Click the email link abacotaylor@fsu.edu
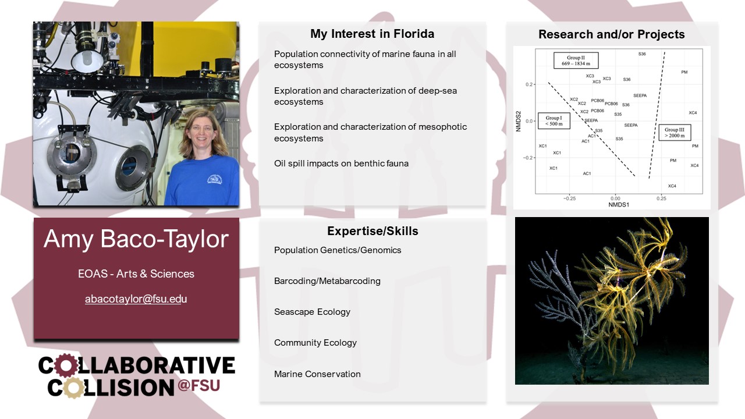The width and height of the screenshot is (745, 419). pos(136,299)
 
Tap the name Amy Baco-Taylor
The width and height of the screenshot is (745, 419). pos(136,239)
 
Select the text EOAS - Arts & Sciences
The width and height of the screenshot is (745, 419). pos(136,274)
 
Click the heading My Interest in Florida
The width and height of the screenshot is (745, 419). pos(372,34)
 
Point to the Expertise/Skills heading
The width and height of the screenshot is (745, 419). pos(372,231)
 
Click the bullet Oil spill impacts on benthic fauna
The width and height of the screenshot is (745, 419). pos(341,164)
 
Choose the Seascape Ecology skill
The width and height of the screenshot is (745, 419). pos(312,312)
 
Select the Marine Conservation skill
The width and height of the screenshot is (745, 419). pos(317,374)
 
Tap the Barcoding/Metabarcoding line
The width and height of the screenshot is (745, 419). pos(327,281)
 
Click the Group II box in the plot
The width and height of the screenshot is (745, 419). pos(576,60)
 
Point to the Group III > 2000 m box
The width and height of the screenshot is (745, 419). pos(675,132)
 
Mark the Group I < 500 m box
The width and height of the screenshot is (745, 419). pos(554,120)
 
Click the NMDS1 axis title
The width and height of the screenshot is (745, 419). pos(619,204)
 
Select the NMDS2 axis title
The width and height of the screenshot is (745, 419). pos(518,121)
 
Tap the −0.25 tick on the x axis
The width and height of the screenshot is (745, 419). pos(569,198)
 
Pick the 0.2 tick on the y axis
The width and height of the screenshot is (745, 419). pos(529,84)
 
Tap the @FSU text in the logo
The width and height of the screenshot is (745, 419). pos(199,386)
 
